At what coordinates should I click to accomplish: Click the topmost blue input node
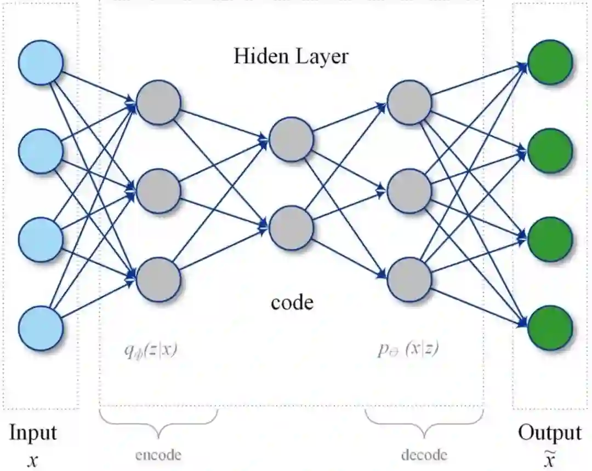click(41, 62)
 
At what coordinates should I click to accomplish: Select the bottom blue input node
click(41, 329)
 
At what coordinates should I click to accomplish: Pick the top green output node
click(550, 62)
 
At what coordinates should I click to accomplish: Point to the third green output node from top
click(550, 240)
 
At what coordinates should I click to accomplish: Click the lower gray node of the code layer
click(292, 226)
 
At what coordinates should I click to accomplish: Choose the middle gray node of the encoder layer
click(158, 191)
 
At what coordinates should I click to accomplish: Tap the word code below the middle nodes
click(292, 302)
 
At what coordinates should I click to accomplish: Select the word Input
click(33, 433)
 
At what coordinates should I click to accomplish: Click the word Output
click(550, 433)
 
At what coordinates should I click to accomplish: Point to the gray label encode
click(158, 454)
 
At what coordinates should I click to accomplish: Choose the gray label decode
click(424, 454)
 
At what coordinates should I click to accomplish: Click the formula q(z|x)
click(150, 350)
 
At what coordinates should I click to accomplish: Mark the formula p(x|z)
click(408, 350)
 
